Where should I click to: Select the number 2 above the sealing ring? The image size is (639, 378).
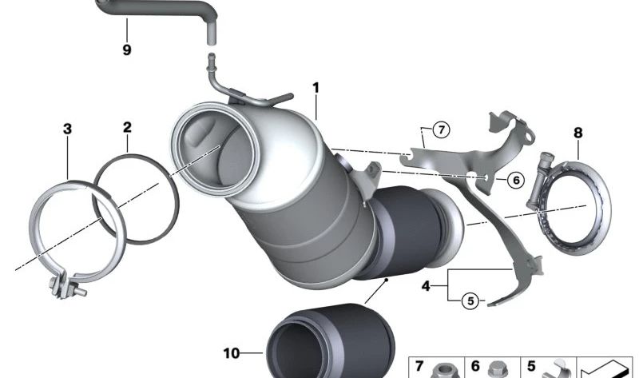click(x=127, y=127)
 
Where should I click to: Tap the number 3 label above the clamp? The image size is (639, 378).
click(x=67, y=128)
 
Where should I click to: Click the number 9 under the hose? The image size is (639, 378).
click(x=127, y=50)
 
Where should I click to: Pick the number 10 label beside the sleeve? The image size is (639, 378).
click(x=231, y=352)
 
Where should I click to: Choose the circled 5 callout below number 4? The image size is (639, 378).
click(x=470, y=300)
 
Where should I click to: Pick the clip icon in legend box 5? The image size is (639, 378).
click(x=552, y=370)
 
